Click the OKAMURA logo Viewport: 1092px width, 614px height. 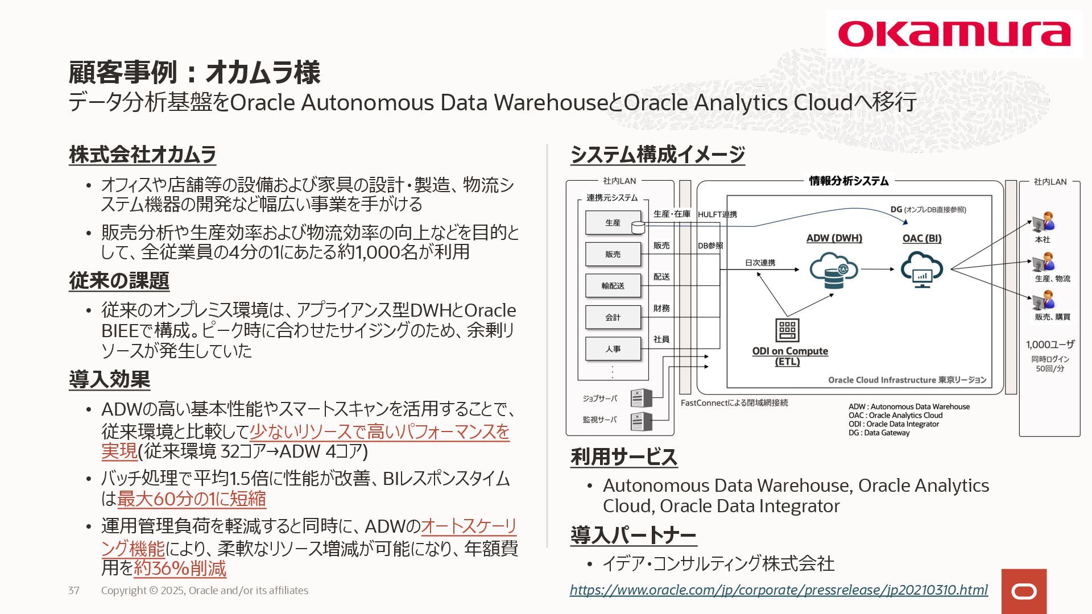click(954, 34)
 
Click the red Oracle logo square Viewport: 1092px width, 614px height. click(1024, 591)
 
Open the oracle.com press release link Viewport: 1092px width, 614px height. click(779, 590)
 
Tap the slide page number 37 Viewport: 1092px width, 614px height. click(74, 591)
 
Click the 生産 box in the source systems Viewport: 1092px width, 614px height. click(613, 223)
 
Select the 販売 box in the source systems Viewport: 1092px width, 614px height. click(613, 254)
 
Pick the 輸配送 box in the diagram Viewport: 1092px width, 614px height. click(613, 285)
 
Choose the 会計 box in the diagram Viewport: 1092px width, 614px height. click(613, 317)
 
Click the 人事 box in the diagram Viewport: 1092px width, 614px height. click(613, 349)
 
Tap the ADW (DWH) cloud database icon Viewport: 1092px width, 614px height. click(834, 270)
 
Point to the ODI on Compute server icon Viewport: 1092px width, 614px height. click(787, 330)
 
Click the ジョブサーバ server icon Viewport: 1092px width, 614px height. click(641, 398)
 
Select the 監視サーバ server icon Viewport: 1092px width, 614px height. click(641, 421)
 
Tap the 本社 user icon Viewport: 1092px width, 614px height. click(1043, 222)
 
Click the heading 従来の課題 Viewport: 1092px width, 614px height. click(119, 281)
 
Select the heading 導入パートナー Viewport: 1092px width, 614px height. click(633, 535)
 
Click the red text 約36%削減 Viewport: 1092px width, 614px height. click(180, 569)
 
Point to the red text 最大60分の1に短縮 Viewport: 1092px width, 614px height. click(192, 499)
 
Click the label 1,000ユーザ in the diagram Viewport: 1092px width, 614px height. click(1050, 345)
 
